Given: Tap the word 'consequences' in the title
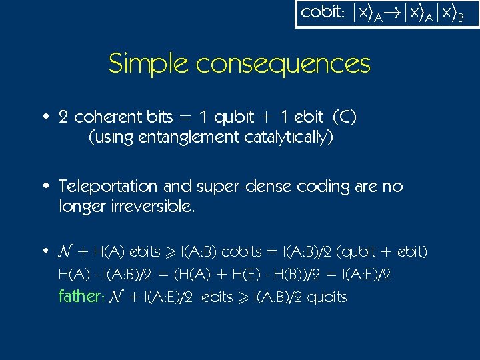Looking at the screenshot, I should tap(283, 65).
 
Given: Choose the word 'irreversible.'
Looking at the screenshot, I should tap(128, 207).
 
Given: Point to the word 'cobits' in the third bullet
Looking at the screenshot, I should tap(241, 252).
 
